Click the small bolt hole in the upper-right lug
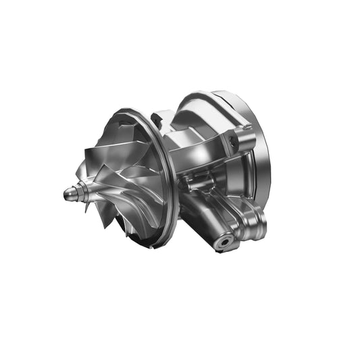(x=234, y=140)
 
